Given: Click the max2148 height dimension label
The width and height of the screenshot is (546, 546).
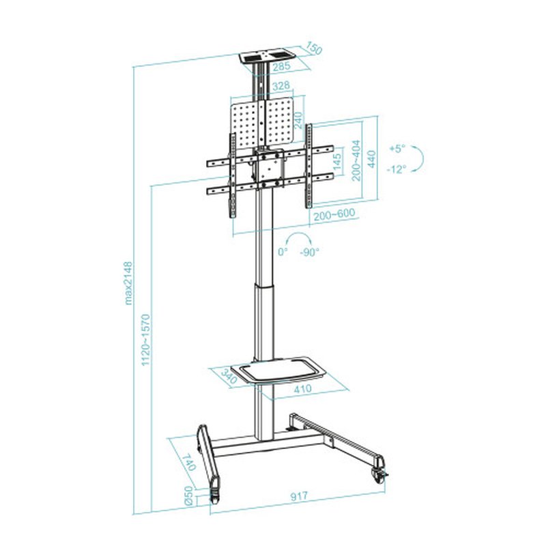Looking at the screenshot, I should [x=128, y=284].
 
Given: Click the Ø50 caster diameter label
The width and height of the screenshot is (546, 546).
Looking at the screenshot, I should [x=188, y=495].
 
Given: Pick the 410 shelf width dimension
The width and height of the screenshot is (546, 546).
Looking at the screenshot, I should [x=302, y=389].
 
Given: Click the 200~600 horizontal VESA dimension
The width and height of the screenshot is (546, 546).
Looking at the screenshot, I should [x=334, y=214].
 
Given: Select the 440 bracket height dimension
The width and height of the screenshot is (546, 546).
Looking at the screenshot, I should [x=373, y=158].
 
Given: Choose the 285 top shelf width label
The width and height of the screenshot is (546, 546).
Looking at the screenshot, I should [x=281, y=67].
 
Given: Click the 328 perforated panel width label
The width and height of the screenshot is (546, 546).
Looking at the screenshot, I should [x=281, y=87].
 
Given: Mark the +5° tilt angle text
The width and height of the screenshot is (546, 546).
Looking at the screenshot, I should [x=397, y=148].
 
